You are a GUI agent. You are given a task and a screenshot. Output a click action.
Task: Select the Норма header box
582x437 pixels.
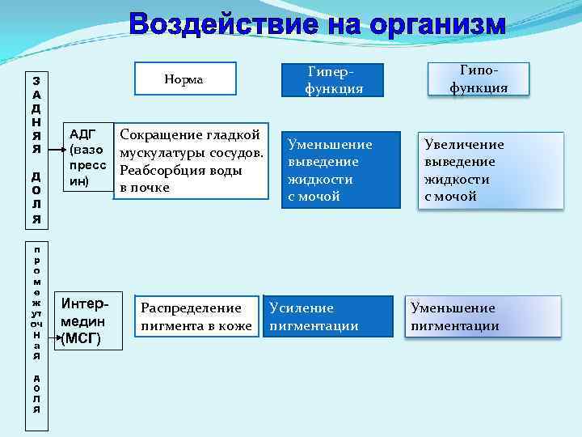click(x=183, y=78)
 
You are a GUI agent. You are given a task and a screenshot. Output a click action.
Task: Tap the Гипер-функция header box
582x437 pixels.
click(x=329, y=78)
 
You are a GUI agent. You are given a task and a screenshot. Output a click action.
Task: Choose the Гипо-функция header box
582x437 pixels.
click(x=479, y=78)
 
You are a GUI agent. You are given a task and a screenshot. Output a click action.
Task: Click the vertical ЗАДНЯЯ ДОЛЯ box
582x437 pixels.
click(x=36, y=149)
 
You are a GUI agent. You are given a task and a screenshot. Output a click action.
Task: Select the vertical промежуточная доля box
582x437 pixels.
click(x=36, y=329)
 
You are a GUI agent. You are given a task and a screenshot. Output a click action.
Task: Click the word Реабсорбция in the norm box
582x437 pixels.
click(x=156, y=172)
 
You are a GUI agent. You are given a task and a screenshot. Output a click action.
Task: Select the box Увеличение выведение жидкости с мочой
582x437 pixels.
click(x=490, y=170)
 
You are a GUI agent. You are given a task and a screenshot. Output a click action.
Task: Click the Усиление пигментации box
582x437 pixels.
click(x=331, y=317)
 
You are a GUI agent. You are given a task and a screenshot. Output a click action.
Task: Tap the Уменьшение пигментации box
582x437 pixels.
click(x=483, y=317)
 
